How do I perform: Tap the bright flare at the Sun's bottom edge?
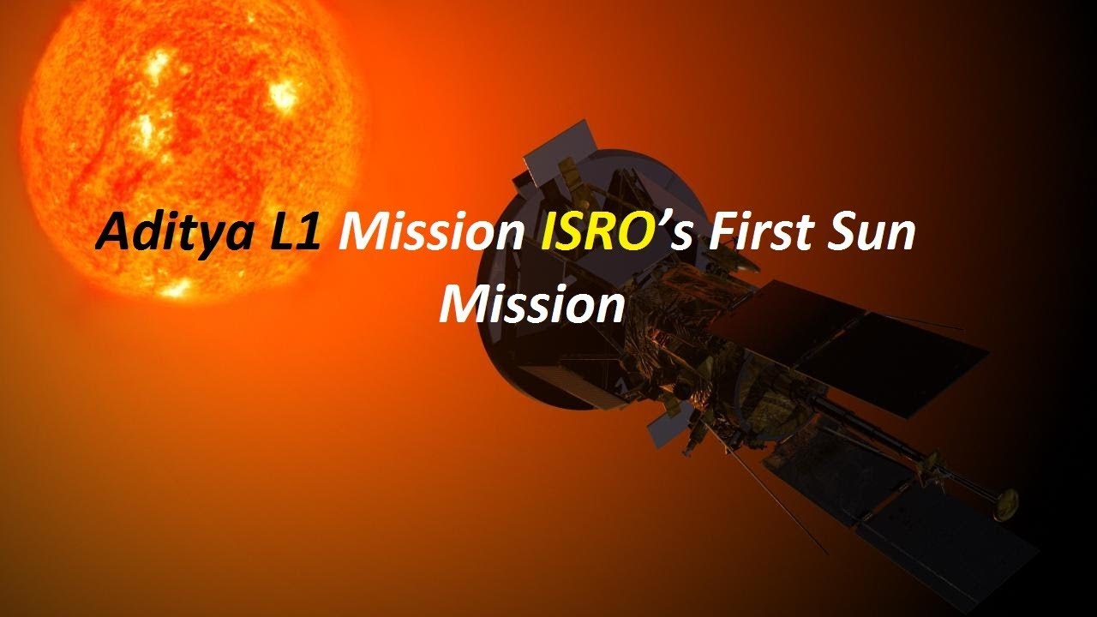click(x=175, y=289)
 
